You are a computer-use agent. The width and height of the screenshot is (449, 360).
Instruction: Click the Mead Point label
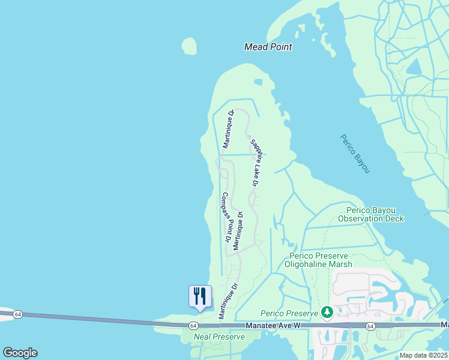(x=268, y=47)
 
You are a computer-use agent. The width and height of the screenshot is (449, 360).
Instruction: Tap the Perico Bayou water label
(x=355, y=154)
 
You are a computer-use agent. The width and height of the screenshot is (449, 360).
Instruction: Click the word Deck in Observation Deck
(x=393, y=218)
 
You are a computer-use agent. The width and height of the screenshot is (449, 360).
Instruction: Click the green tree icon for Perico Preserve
(x=327, y=312)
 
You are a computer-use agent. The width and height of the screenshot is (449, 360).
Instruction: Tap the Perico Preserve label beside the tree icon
(x=288, y=313)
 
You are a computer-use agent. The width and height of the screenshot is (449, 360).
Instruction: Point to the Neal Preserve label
(x=219, y=337)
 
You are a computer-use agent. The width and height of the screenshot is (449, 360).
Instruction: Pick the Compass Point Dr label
(x=227, y=217)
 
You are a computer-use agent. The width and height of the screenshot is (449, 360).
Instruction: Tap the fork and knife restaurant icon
(x=200, y=296)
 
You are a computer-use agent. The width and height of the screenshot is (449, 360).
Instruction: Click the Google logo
(x=20, y=352)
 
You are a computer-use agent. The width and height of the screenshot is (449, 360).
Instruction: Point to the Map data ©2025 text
(x=424, y=355)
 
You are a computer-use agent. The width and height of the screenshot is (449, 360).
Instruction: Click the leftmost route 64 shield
(x=18, y=314)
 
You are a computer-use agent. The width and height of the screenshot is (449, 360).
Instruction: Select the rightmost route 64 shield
(x=370, y=326)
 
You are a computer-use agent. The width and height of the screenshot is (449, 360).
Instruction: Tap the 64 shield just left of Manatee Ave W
(x=193, y=325)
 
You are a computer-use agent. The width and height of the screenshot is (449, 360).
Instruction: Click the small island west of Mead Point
(x=189, y=46)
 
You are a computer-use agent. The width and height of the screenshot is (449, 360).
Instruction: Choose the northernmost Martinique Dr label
(x=228, y=128)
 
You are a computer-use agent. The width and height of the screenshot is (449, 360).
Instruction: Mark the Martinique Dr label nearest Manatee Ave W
(x=225, y=301)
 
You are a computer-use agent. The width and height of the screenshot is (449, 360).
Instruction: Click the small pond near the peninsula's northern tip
(x=258, y=82)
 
